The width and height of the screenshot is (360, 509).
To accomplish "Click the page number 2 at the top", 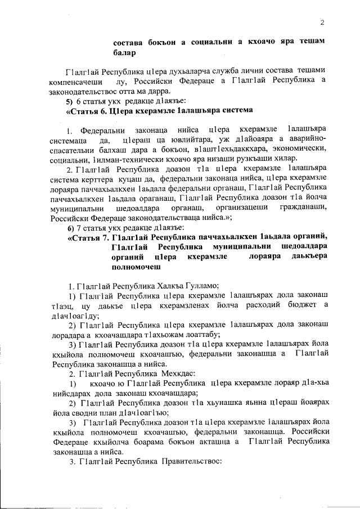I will (x=323, y=22).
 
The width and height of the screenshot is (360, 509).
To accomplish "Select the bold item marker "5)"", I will (x=70, y=101).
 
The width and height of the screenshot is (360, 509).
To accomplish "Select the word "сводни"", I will (x=100, y=412).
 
